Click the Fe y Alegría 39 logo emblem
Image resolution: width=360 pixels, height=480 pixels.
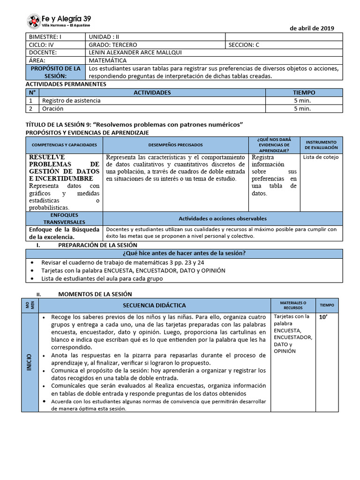(x=33, y=21)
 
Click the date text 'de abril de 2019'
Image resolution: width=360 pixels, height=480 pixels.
(x=312, y=28)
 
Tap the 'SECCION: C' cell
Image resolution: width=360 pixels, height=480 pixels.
(x=244, y=45)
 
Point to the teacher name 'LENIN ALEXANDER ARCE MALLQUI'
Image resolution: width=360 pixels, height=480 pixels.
(x=135, y=52)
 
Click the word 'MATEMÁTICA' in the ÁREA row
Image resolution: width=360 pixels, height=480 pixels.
(x=107, y=60)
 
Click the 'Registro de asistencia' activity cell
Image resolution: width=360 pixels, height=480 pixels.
(x=71, y=100)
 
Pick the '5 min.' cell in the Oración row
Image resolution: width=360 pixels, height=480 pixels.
(x=302, y=108)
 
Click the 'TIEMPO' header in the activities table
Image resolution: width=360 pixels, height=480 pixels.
(x=304, y=93)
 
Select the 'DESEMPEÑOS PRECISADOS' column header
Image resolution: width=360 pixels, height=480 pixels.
(x=176, y=145)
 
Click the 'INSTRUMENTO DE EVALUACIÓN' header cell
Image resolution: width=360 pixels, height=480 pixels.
(x=321, y=145)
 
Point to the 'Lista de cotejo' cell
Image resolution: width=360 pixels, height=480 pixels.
(x=321, y=157)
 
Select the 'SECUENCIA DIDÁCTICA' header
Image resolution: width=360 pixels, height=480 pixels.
(x=154, y=305)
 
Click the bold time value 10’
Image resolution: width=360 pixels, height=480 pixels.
(x=323, y=317)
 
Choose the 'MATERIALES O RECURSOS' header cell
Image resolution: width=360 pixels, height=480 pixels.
(x=293, y=305)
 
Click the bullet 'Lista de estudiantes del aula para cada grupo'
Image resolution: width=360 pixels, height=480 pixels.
(x=102, y=278)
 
